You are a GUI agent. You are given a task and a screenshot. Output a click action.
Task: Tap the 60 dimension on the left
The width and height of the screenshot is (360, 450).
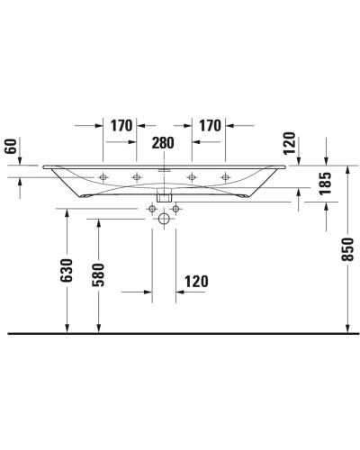[x=11, y=146]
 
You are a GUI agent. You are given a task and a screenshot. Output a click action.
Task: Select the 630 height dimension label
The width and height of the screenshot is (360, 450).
[x=66, y=271]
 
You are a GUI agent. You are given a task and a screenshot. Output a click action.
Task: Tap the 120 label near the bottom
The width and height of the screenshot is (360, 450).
[x=195, y=281]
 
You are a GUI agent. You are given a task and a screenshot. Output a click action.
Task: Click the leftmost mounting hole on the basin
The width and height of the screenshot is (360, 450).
[x=104, y=176]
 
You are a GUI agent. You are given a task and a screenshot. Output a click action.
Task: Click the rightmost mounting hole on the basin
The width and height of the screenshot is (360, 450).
[x=224, y=176]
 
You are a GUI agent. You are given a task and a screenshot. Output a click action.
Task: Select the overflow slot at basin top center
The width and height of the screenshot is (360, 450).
[x=164, y=168]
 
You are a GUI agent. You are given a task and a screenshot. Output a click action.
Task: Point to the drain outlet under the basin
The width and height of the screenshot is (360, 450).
[x=164, y=195]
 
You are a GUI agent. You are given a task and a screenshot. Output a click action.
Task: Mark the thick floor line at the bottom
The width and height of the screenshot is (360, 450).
[x=180, y=333]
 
